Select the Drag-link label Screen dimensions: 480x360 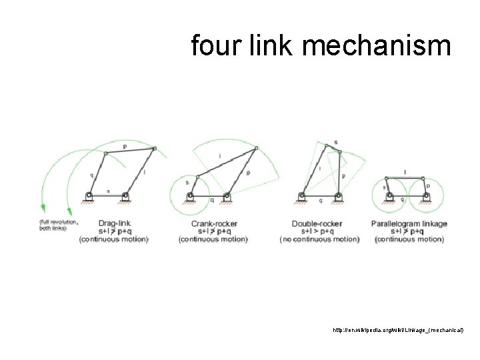click(x=114, y=223)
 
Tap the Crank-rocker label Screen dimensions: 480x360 click(x=214, y=223)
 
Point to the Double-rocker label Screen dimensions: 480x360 click(x=317, y=223)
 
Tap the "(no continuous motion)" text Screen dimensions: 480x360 click(x=319, y=239)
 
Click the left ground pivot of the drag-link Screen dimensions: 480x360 click(x=89, y=195)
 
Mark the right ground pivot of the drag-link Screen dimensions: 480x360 click(x=125, y=195)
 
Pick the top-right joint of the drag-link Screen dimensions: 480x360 click(x=155, y=148)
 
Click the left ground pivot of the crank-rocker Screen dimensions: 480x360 click(x=190, y=195)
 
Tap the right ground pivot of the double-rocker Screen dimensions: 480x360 click(x=339, y=195)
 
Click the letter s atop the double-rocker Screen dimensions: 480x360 click(x=335, y=141)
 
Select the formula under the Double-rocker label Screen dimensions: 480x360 click(x=318, y=231)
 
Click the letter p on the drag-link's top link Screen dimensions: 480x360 click(x=125, y=144)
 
